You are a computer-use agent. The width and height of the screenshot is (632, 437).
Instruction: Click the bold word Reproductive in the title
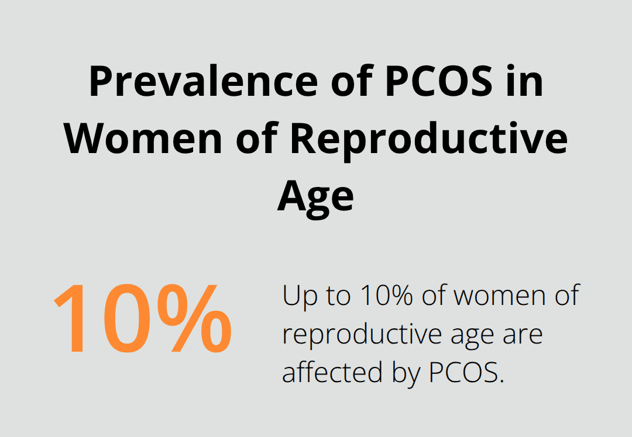pyautogui.click(x=429, y=140)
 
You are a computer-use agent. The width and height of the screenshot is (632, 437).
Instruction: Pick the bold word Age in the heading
pyautogui.click(x=315, y=197)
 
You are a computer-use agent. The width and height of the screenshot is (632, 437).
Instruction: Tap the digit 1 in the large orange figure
pyautogui.click(x=73, y=319)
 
